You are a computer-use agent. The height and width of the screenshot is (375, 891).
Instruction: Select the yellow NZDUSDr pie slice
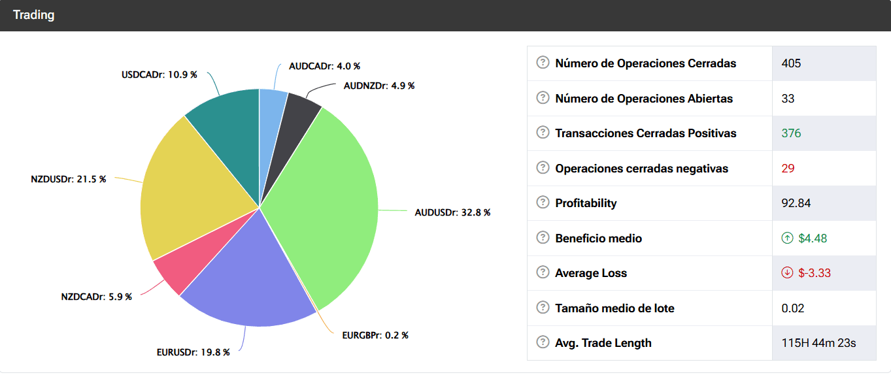pyautogui.click(x=190, y=189)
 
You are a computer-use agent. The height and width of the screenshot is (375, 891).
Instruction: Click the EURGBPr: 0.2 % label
pyautogui.click(x=375, y=335)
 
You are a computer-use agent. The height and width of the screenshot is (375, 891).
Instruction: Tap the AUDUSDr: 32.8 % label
pyautogui.click(x=452, y=212)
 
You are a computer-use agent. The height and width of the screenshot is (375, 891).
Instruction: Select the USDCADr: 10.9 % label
pyautogui.click(x=159, y=74)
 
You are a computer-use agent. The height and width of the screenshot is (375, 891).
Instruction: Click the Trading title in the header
pyautogui.click(x=33, y=14)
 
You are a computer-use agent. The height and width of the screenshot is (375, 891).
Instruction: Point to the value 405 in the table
pyautogui.click(x=791, y=63)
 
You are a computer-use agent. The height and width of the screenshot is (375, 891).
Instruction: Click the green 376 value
pyautogui.click(x=791, y=133)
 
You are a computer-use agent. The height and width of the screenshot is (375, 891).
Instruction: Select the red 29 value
pyautogui.click(x=788, y=169)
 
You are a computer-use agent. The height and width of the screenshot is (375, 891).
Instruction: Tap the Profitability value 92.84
pyautogui.click(x=796, y=203)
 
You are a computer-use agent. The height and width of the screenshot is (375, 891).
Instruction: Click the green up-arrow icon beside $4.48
pyautogui.click(x=787, y=238)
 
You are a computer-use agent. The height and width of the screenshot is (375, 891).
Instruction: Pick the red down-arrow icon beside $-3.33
pyautogui.click(x=787, y=273)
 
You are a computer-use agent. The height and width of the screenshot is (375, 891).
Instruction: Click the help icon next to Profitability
pyautogui.click(x=543, y=203)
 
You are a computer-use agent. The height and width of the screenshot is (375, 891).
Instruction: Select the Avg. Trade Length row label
pyautogui.click(x=603, y=343)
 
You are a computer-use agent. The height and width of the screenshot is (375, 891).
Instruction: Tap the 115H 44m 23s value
pyautogui.click(x=818, y=343)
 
